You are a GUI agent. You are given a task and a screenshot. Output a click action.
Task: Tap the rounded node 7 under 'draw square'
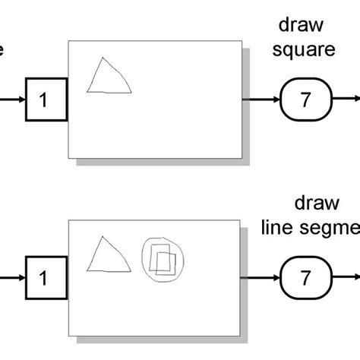click(305, 99)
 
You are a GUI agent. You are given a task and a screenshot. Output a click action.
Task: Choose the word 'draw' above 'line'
click(313, 205)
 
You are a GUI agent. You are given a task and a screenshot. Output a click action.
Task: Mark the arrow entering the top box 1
click(11, 99)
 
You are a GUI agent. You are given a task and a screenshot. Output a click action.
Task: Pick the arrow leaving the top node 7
click(346, 99)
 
